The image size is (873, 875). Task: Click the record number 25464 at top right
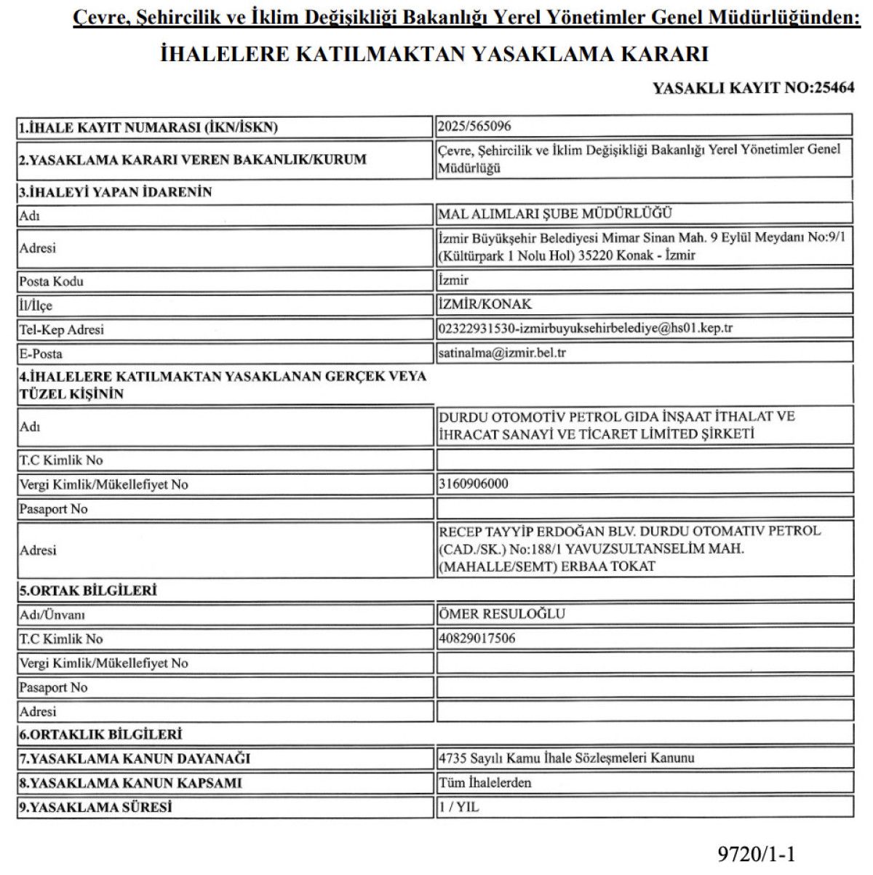[x=835, y=89]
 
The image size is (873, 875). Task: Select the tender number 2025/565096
[x=475, y=126]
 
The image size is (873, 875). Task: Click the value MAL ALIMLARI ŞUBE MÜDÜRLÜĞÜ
[x=555, y=213]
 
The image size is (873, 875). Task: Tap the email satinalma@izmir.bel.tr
[x=502, y=353]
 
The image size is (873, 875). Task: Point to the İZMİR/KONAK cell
[x=485, y=304]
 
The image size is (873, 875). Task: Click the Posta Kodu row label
[x=52, y=281]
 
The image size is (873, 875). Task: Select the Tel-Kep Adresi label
[x=62, y=329]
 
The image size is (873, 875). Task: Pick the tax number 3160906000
[x=474, y=484]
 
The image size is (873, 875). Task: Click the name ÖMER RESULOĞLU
[x=502, y=614]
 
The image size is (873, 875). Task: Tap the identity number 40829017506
[x=477, y=639]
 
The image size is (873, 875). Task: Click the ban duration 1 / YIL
[x=459, y=807]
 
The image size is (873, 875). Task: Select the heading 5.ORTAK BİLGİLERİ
[x=88, y=590]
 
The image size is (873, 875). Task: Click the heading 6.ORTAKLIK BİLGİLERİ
[x=100, y=735]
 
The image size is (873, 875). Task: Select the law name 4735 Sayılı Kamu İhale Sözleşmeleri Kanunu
[x=567, y=758]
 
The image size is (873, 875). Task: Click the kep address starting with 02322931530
[x=586, y=328]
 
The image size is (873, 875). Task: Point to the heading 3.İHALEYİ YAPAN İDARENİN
[x=116, y=192]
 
